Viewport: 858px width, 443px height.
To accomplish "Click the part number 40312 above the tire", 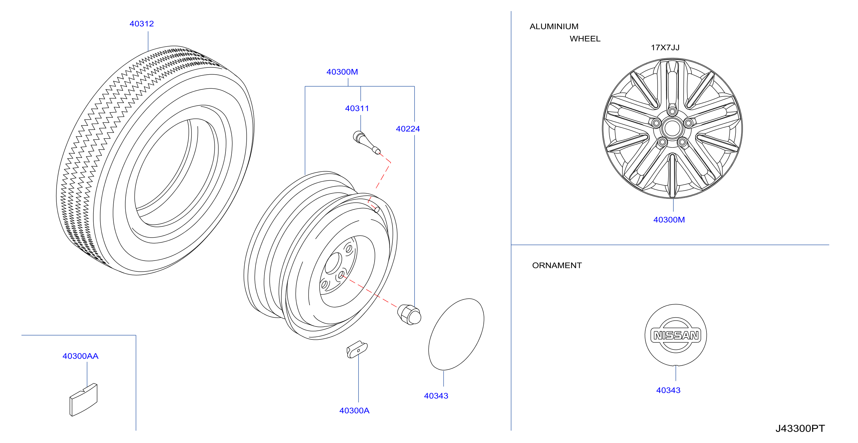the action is (x=142, y=24).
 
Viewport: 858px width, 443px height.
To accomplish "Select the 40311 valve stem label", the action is (x=357, y=108).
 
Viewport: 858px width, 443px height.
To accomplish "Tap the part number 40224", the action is (x=408, y=129).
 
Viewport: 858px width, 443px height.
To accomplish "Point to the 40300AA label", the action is (x=80, y=356).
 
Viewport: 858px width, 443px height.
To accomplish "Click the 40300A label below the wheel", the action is (x=354, y=410).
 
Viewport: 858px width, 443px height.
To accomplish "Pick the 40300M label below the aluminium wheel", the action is (x=669, y=220).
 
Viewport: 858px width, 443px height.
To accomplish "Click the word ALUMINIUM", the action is (x=554, y=26).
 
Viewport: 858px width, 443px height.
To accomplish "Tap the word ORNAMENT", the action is (x=556, y=265).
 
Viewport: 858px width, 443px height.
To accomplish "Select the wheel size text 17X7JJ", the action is (x=665, y=47).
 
